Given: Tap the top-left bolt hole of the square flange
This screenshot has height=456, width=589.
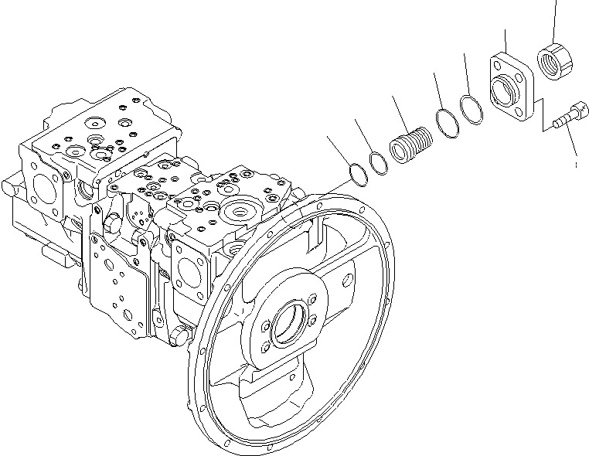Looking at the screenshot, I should (495, 65).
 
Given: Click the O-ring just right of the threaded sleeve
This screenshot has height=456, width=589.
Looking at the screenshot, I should (446, 124).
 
